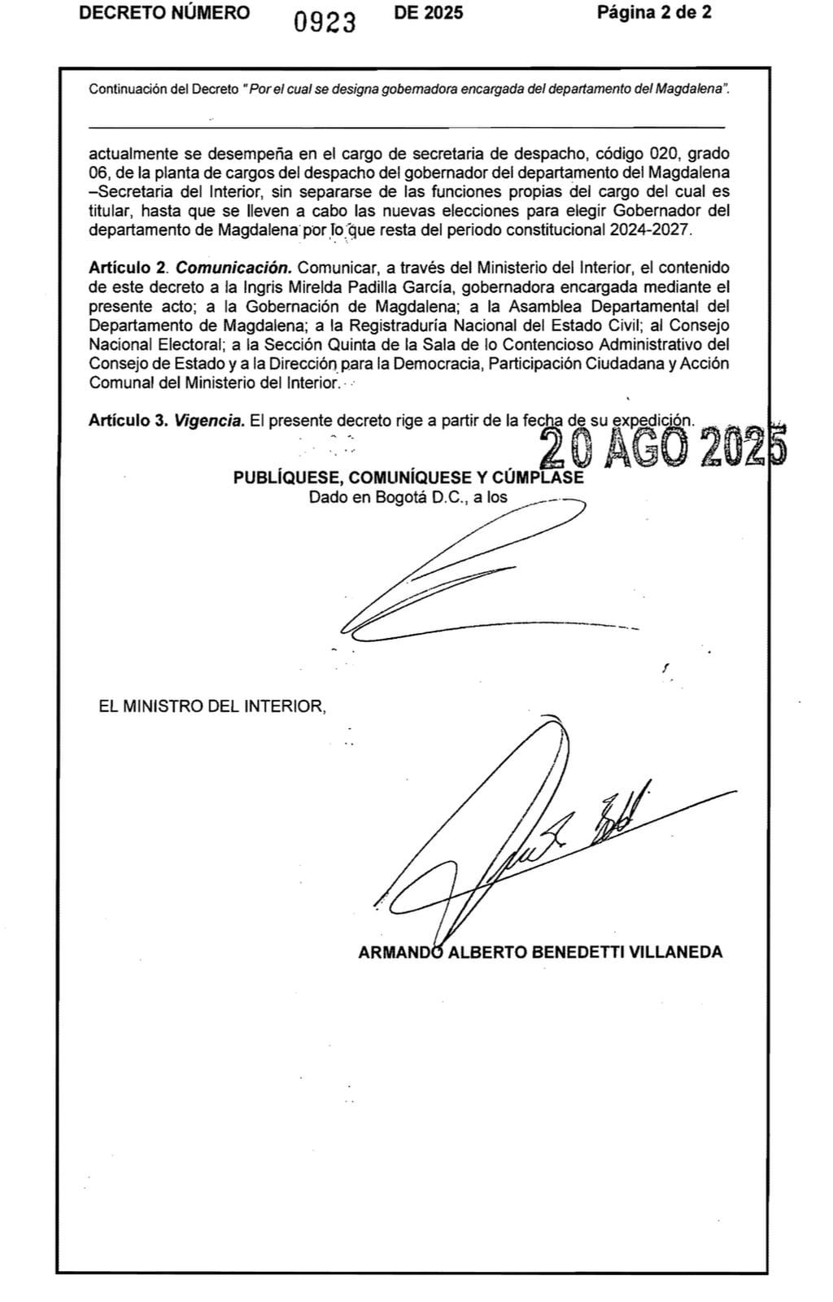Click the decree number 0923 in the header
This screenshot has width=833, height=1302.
(325, 22)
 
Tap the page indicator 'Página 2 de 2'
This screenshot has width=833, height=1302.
(654, 12)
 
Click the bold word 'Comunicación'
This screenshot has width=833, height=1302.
(233, 268)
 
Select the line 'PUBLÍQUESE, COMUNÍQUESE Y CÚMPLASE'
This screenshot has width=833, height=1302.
(408, 478)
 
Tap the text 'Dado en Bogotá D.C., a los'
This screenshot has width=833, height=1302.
(408, 496)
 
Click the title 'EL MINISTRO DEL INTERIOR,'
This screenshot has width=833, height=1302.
(212, 706)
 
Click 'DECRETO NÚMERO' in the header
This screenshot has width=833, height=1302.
(164, 12)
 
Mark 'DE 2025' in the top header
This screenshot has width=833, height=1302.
(428, 12)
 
